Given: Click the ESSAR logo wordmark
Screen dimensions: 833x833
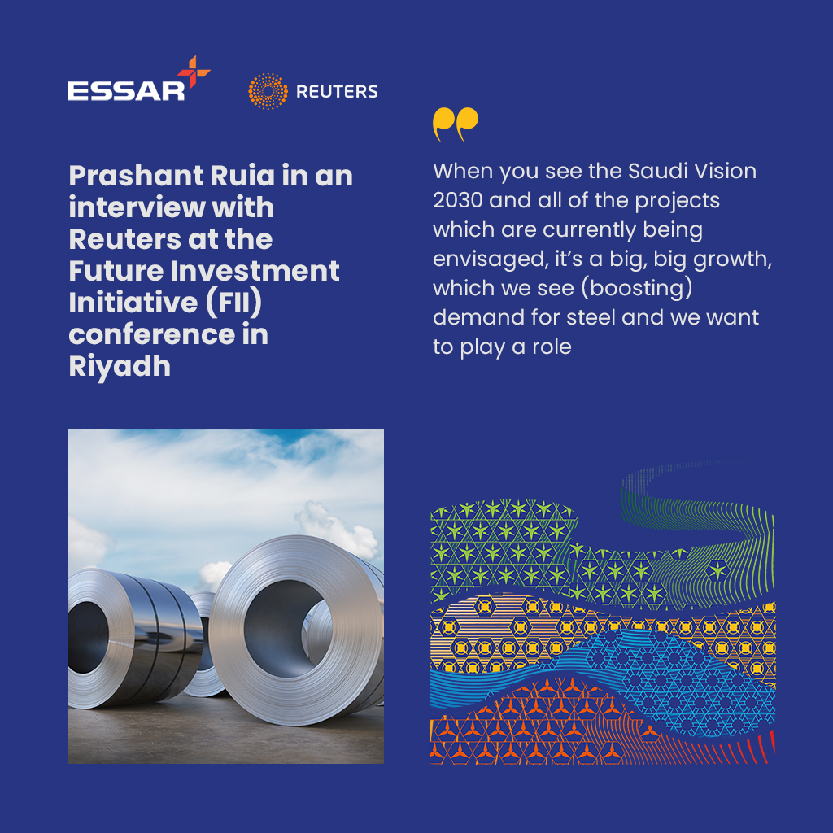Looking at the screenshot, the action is [x=126, y=91].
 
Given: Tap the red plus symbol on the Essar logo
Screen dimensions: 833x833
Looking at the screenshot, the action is [x=194, y=72].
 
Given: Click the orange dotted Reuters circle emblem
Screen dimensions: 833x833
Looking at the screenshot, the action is [x=268, y=91].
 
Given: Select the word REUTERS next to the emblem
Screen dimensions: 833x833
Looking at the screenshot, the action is [x=337, y=91].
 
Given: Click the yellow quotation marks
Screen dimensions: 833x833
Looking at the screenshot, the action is [x=456, y=124].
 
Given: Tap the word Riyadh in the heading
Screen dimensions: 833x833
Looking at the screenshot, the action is [x=120, y=367].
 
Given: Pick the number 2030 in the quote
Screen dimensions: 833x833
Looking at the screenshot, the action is [x=457, y=201].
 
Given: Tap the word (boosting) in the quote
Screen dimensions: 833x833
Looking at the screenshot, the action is [x=637, y=289].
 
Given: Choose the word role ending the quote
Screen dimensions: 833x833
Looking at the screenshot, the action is [x=552, y=347].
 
